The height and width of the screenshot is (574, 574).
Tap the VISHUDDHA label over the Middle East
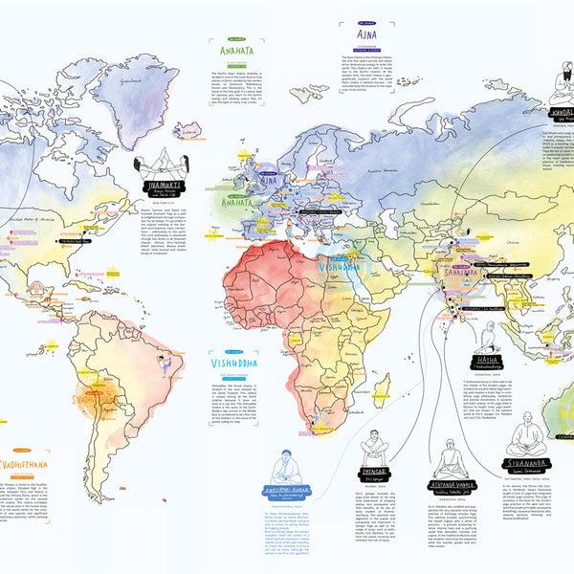pyautogui.click(x=342, y=267)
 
